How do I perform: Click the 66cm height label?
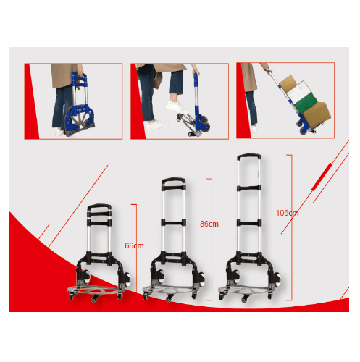[x=134, y=245]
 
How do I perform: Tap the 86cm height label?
[x=209, y=224]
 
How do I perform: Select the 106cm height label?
[x=288, y=213]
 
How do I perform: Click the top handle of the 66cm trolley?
[x=99, y=206]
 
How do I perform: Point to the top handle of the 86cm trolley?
[x=174, y=180]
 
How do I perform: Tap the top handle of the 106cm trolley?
[x=249, y=156]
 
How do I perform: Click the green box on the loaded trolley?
[x=306, y=102]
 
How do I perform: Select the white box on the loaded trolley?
[x=300, y=90]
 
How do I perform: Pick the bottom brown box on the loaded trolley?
[x=316, y=115]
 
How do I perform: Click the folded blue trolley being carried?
[x=79, y=106]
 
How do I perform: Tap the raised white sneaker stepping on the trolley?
[x=175, y=107]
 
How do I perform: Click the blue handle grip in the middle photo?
[x=196, y=80]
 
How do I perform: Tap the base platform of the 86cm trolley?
[x=169, y=290]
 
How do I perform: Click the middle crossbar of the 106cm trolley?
[x=249, y=222]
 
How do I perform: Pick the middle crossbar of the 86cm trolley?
[x=174, y=222]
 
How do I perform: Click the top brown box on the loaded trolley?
[x=288, y=83]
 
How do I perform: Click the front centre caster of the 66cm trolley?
[x=95, y=299]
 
